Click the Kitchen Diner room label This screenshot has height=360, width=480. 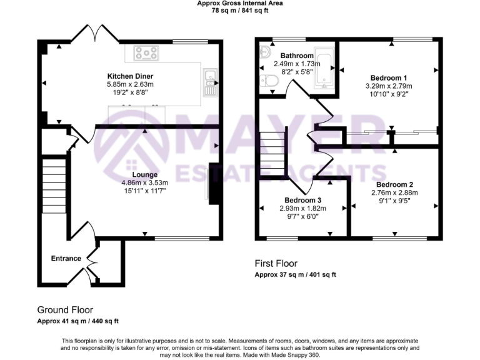click(x=131, y=77)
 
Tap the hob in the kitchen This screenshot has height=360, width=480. click(x=146, y=54)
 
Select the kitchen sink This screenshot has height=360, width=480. click(x=211, y=77)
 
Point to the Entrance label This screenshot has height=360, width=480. click(x=66, y=258)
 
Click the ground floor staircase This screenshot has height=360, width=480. click(x=54, y=181)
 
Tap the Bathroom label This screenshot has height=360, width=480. click(x=297, y=56)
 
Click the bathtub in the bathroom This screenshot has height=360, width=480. click(x=324, y=68)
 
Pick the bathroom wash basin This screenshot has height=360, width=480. click(x=264, y=52)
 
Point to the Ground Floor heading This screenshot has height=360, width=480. click(x=65, y=309)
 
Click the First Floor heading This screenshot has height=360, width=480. click(x=276, y=264)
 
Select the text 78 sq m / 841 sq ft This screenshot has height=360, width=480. click(x=240, y=11)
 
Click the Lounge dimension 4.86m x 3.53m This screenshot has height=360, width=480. click(x=144, y=182)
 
